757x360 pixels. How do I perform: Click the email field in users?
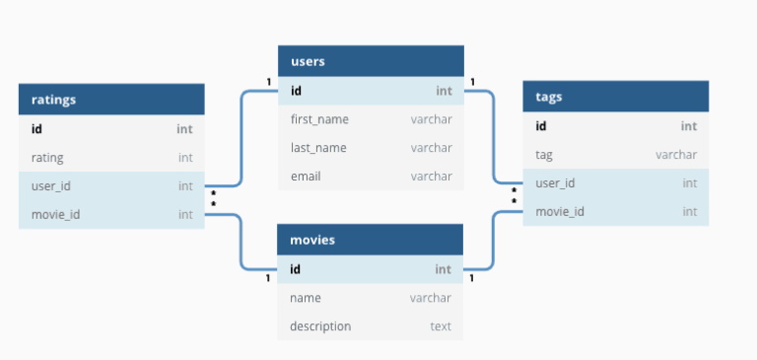(306, 177)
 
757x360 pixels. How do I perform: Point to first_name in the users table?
(319, 119)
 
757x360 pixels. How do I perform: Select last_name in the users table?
(318, 148)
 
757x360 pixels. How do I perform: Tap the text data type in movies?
(441, 326)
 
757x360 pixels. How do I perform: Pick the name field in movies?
(306, 298)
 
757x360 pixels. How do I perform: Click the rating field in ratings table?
(47, 157)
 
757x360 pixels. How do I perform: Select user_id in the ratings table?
(51, 185)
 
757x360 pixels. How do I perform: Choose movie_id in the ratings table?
(55, 214)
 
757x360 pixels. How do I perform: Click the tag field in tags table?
(544, 155)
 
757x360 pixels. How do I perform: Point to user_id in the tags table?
(555, 183)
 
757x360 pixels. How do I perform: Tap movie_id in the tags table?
(559, 212)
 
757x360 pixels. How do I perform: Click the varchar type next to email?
(432, 177)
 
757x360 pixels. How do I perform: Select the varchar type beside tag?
(676, 155)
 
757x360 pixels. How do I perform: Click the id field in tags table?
(541, 126)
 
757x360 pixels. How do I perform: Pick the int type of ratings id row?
(184, 128)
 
